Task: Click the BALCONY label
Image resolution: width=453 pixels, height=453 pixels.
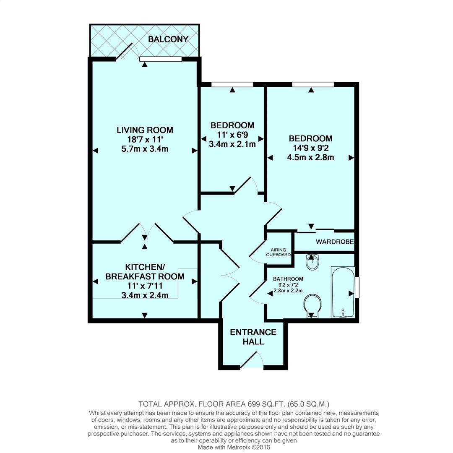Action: click(x=168, y=39)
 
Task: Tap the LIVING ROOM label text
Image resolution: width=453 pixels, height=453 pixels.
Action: click(x=145, y=130)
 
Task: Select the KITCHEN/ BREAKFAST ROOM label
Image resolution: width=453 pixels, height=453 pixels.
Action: click(x=145, y=272)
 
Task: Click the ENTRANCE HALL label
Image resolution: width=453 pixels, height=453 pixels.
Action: click(x=253, y=337)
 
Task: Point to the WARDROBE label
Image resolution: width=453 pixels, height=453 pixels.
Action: click(x=334, y=242)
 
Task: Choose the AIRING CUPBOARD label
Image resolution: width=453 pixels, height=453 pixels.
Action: click(x=279, y=252)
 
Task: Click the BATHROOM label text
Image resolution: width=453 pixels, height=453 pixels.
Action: click(x=288, y=279)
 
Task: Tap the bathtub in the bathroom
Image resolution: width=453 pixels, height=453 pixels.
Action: click(x=343, y=292)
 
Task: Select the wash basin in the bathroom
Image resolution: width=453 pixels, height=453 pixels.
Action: click(x=312, y=262)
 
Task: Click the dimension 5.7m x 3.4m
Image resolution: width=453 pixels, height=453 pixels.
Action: click(x=145, y=149)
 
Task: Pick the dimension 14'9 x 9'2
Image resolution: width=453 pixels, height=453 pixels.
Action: click(x=310, y=148)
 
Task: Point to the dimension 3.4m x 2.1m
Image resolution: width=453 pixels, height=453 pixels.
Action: click(x=232, y=144)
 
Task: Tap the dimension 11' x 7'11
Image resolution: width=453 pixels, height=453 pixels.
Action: click(x=145, y=286)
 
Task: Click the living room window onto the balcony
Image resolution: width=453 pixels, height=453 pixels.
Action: click(x=161, y=59)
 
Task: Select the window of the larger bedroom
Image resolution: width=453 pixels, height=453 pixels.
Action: click(x=313, y=84)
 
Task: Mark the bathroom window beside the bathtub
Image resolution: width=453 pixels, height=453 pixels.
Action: click(x=357, y=287)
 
